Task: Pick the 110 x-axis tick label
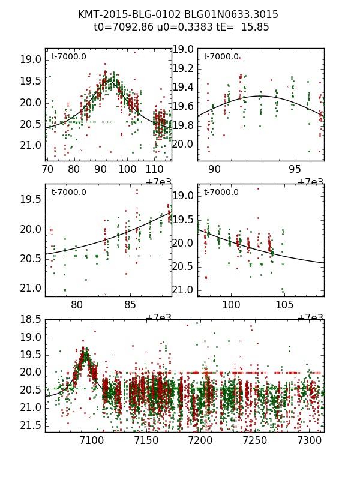154,169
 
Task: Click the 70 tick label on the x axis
47,169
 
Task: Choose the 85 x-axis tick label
130,305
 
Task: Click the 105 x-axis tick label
284,305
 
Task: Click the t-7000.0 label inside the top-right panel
221,57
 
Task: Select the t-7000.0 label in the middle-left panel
68,193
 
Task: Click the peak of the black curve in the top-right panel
260,96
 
